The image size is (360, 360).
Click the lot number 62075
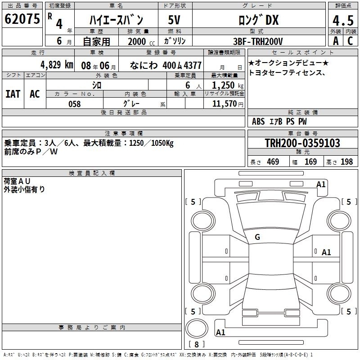coord(22,19)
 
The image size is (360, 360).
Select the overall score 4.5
coord(343,20)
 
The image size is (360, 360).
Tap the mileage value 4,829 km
coord(57,65)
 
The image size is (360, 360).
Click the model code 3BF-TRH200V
coord(258,41)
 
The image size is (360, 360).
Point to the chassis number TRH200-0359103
coord(302,143)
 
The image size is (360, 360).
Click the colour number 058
coord(75,104)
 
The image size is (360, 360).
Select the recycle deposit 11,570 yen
coord(228,104)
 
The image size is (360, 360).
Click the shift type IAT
coord(13,94)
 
